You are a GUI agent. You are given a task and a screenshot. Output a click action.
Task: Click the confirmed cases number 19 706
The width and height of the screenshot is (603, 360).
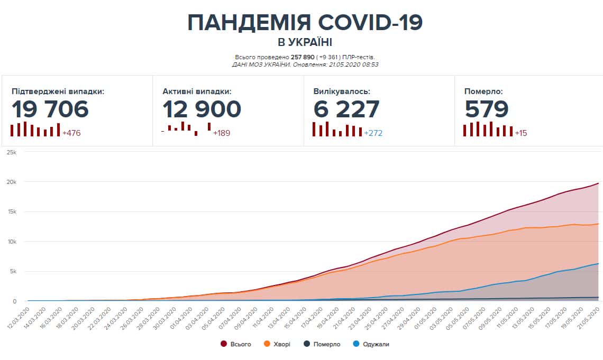pos(50,109)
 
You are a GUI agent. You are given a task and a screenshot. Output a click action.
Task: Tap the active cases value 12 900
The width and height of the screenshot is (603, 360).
pos(202,109)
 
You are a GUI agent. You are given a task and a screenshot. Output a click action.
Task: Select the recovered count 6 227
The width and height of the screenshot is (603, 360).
pos(346,109)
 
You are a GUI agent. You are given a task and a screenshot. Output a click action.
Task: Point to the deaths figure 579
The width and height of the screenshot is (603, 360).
pos(487,109)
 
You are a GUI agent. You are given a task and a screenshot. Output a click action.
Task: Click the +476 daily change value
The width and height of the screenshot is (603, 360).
pos(71,133)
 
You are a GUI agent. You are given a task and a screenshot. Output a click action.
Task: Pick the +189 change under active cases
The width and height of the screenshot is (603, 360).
pos(222,133)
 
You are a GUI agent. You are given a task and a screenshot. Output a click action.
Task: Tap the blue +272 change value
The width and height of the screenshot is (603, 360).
pos(373,133)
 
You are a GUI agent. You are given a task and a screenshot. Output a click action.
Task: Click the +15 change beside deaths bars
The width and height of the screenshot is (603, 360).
pos(521,133)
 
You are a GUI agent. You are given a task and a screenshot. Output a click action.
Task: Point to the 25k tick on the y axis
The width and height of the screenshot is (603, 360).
pos(12,152)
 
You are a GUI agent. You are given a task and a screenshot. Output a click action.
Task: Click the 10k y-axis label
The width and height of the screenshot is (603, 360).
pos(12,242)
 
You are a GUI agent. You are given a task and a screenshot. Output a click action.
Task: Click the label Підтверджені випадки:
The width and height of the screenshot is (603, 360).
pos(58,91)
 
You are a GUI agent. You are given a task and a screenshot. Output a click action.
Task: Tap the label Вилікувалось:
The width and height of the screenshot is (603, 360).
pos(342,91)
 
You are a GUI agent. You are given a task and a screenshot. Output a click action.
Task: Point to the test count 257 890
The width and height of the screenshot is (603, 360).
pos(303,57)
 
